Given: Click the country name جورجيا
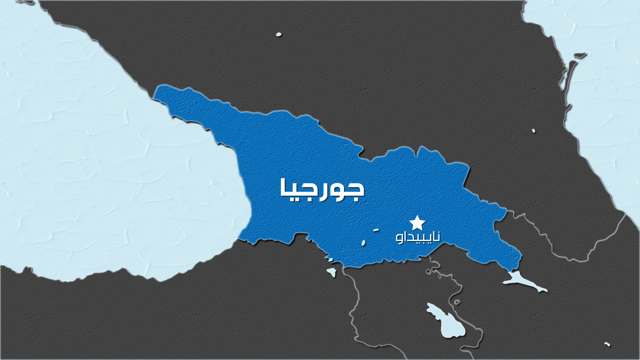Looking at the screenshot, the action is [322, 189].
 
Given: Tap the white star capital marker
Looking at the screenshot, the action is [417, 223].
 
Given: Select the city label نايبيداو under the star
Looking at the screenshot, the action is [418, 237].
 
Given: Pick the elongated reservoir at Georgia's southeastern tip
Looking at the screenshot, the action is [523, 281].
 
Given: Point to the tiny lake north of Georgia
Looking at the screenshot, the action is [279, 34].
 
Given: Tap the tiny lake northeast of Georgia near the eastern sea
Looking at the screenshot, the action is [533, 131].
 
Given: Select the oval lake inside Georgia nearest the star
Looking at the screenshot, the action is [376, 230].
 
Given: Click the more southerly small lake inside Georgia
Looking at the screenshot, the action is [363, 243].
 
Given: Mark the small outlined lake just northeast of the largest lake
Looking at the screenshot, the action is [457, 302].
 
